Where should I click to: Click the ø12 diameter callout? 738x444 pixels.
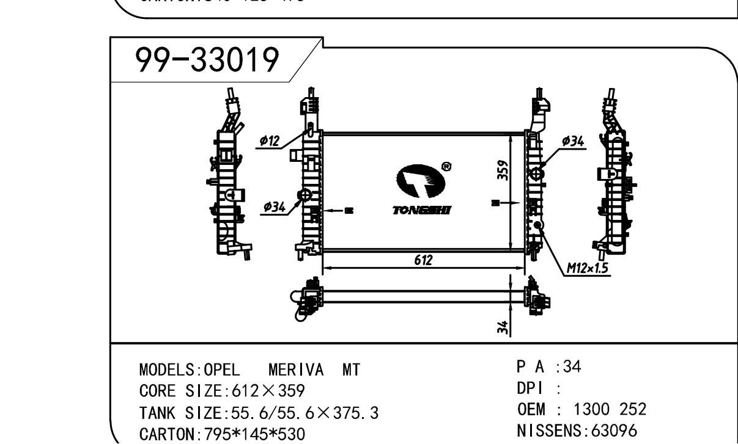click(269, 140)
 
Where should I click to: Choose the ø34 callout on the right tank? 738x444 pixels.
click(573, 141)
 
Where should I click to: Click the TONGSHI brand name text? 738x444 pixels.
click(424, 209)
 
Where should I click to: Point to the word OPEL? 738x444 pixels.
click(223, 370)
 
